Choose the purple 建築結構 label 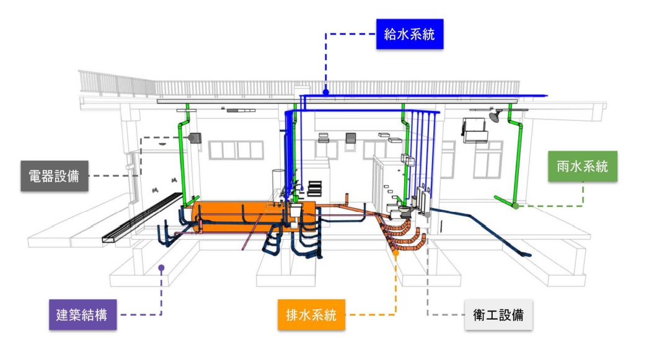82,314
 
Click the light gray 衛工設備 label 498,314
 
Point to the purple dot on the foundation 161,268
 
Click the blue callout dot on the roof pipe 325,93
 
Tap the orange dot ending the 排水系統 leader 395,253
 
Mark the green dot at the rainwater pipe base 516,206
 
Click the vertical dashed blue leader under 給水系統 325,62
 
